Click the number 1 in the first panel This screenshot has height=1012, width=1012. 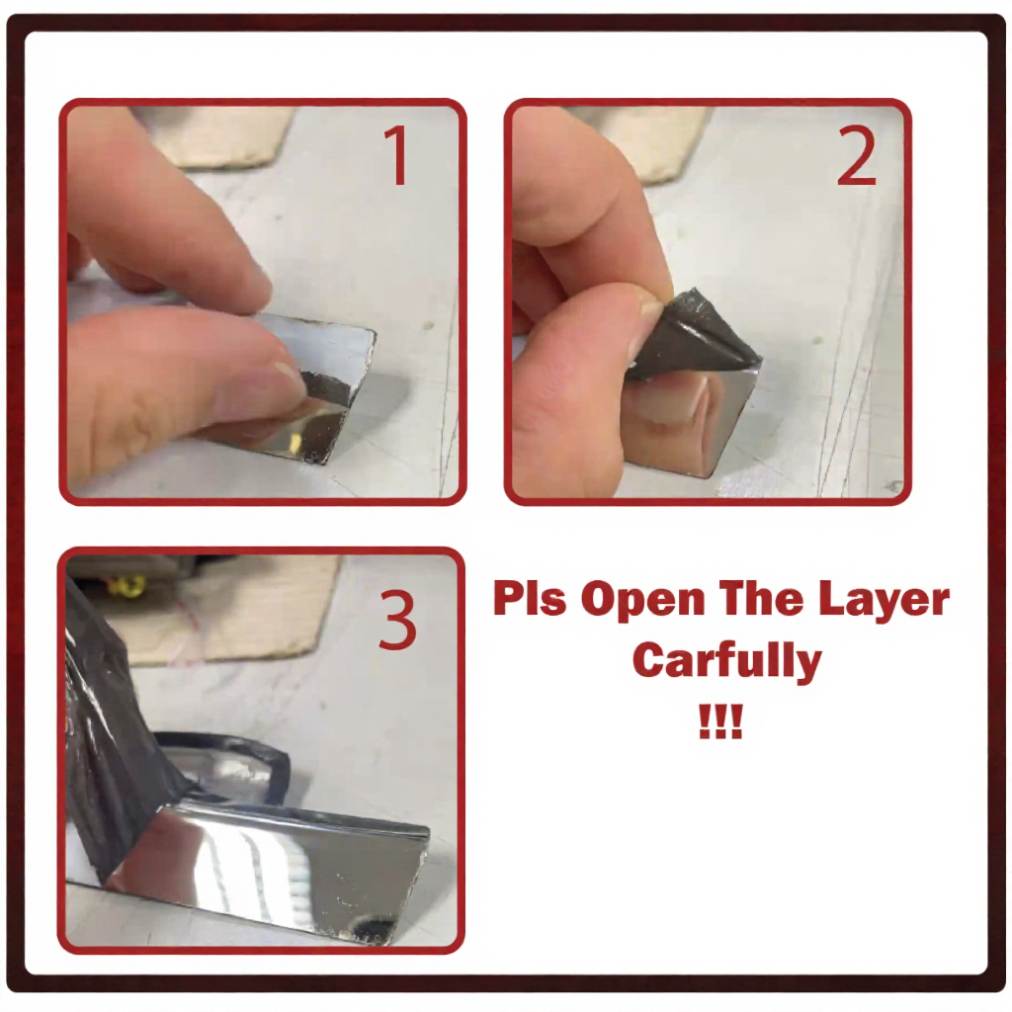[x=396, y=155]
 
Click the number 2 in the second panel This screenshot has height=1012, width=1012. [x=857, y=155]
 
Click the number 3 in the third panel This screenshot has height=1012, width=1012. [x=397, y=620]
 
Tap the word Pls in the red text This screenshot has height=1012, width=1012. [x=530, y=598]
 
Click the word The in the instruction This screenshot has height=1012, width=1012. [x=754, y=598]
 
